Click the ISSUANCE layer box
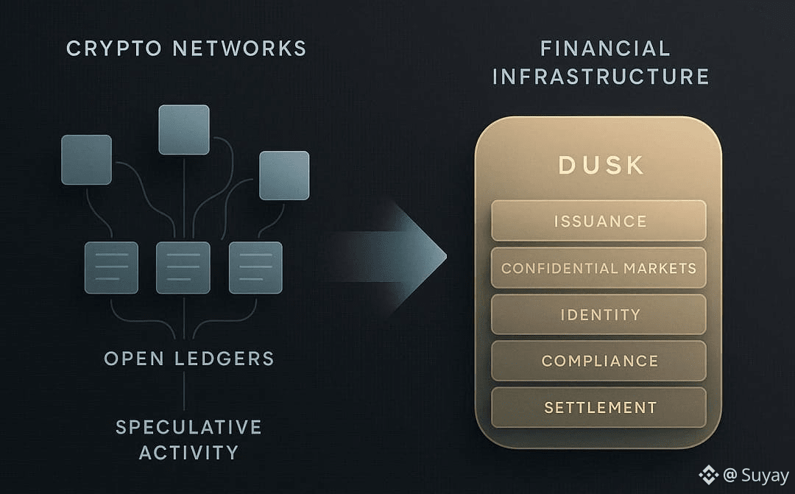point(598,221)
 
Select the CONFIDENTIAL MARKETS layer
point(598,268)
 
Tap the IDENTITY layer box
point(598,314)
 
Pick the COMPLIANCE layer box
point(598,361)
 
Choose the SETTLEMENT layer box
point(598,407)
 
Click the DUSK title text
point(601,165)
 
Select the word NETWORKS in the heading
point(239,49)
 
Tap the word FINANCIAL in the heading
point(605,49)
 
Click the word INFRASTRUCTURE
point(601,77)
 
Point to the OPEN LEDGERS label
point(189,359)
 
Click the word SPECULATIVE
point(189,427)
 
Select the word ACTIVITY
point(189,452)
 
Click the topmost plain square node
point(184,130)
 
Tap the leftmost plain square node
point(87,160)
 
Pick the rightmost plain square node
point(284,175)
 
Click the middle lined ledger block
point(183,267)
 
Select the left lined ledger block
point(111,267)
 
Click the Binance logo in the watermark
point(708,476)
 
